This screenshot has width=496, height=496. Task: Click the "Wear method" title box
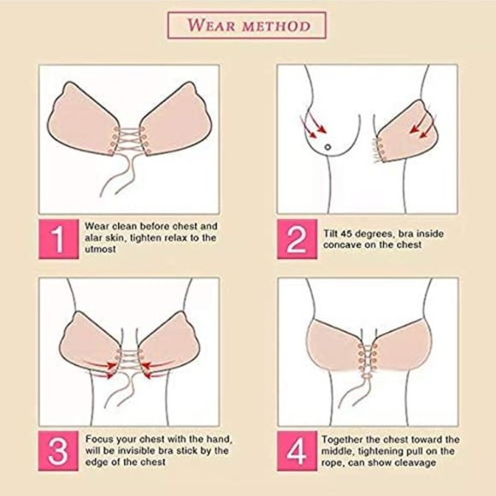coord(247,25)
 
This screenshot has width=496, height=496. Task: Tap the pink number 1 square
coord(58,239)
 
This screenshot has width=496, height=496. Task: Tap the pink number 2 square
coord(295,239)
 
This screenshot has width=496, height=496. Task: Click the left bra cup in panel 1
coord(85,121)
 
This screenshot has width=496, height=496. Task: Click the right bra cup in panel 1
coord(176,121)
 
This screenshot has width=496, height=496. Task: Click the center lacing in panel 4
coord(368,359)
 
